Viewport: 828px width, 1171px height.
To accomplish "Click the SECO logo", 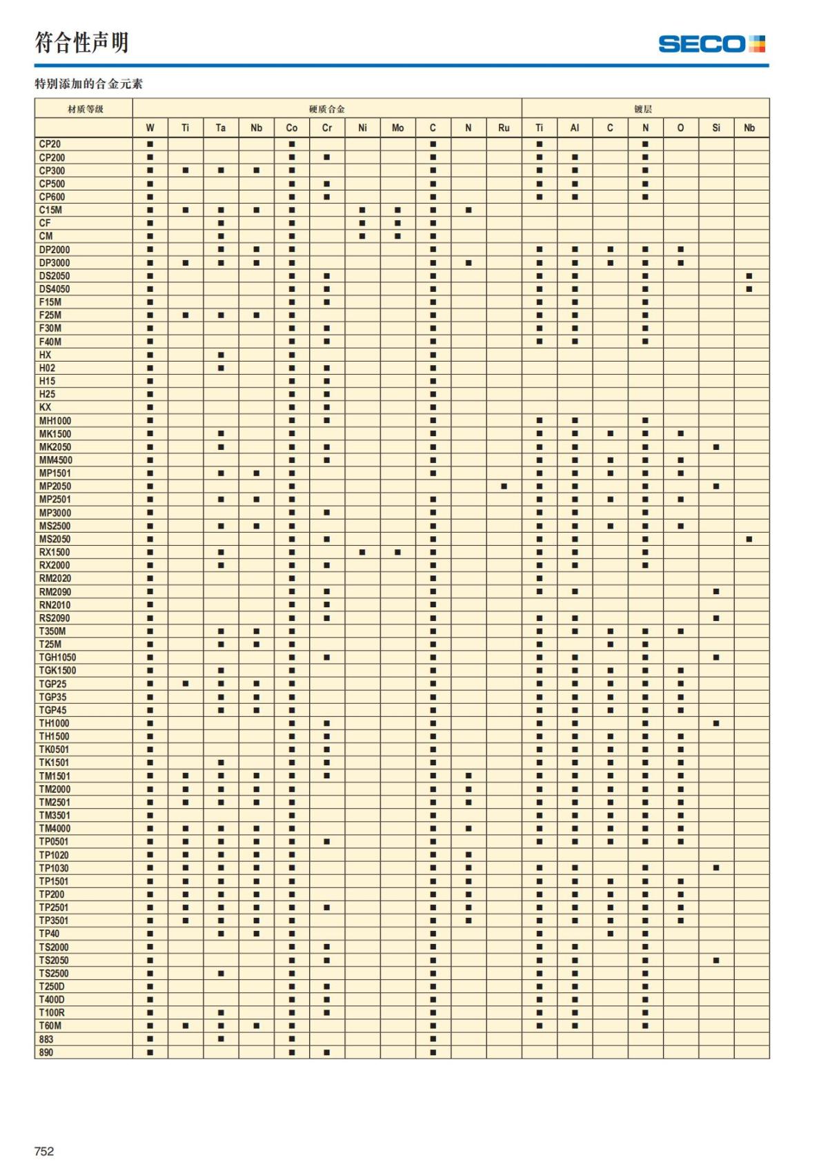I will (711, 44).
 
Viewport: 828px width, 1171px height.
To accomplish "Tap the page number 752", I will (44, 1151).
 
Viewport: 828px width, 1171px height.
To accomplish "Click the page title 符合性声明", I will (82, 43).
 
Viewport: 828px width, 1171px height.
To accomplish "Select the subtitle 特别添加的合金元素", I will (89, 84).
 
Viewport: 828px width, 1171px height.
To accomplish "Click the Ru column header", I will (504, 128).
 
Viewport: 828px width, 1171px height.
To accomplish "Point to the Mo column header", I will (397, 128).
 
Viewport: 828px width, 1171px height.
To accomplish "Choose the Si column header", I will (716, 128).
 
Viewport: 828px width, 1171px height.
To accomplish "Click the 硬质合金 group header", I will (327, 109).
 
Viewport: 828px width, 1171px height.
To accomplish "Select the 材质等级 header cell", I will (85, 109).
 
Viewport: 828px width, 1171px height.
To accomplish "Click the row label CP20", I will (50, 144).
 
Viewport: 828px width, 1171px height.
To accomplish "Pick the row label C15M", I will (50, 210).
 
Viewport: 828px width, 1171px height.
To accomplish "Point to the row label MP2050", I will (55, 486).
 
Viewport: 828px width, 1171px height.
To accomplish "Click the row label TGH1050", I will (57, 658).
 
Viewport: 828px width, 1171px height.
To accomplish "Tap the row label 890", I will (46, 1052).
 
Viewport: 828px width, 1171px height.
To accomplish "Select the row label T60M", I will (50, 1026).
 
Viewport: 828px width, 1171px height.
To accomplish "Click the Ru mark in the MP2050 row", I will (504, 486).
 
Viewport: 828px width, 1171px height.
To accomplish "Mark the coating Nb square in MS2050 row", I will (749, 539).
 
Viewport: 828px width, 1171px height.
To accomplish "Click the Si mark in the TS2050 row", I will (716, 961).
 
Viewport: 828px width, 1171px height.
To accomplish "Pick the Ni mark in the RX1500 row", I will (362, 552).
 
